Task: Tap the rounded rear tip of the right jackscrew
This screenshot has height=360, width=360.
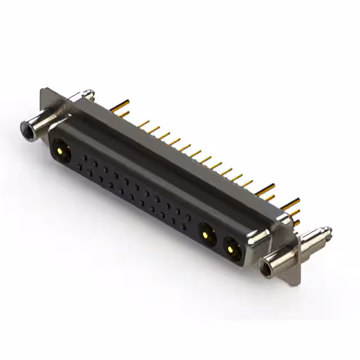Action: coord(328,229)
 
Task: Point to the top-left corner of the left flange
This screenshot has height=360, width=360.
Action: coord(42,90)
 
